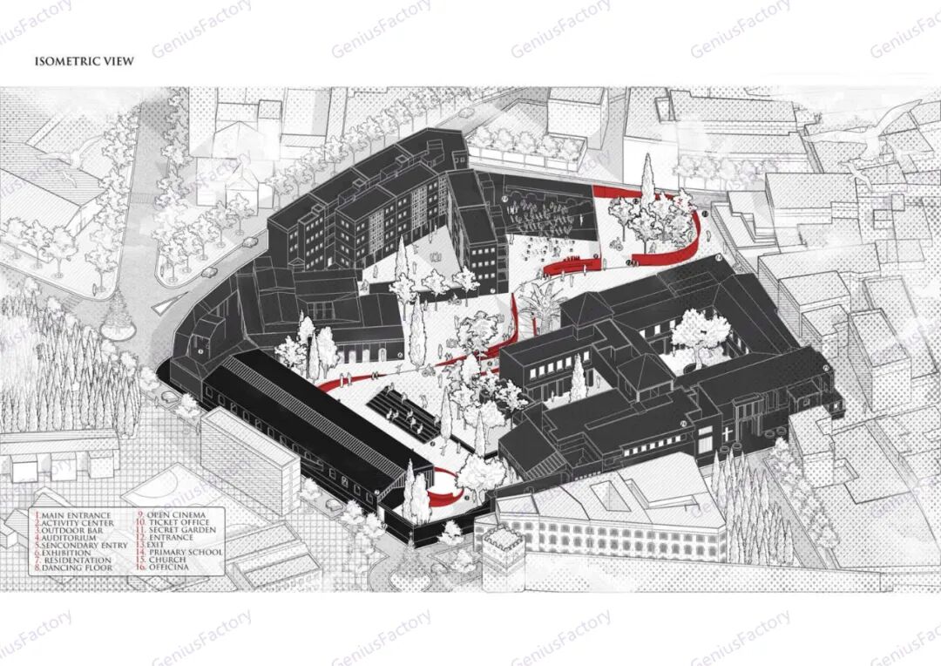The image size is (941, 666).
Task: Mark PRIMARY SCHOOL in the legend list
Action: (x=186, y=553)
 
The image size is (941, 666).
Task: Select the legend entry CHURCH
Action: (x=169, y=560)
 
